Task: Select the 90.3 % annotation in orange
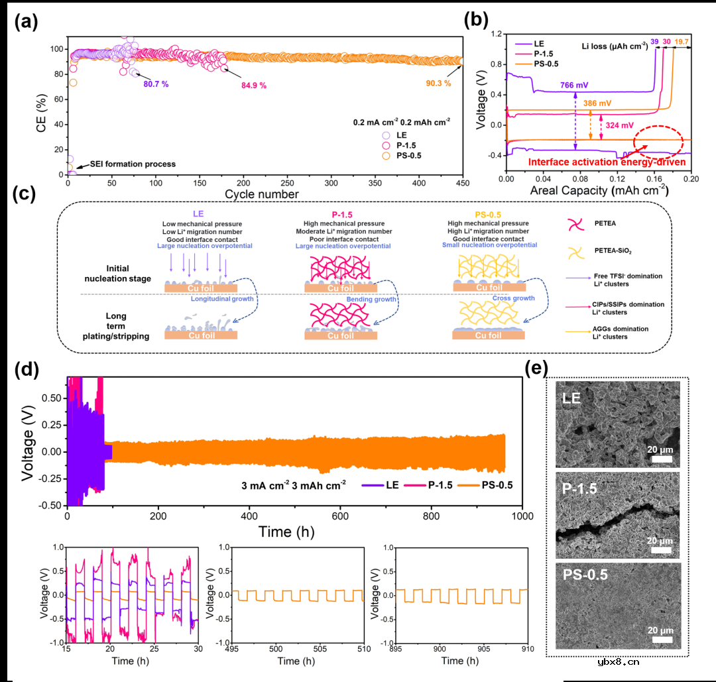click(438, 84)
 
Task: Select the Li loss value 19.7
click(682, 42)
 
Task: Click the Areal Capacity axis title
click(599, 190)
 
